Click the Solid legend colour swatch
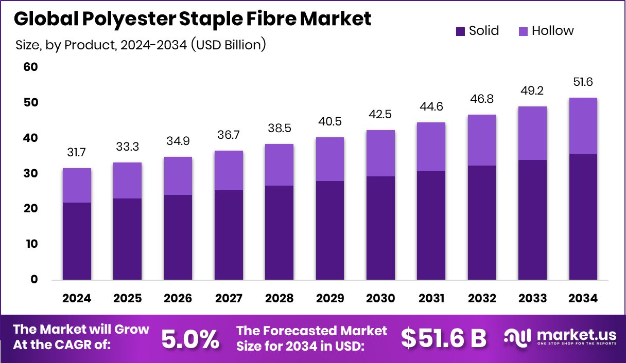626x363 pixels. pyautogui.click(x=460, y=31)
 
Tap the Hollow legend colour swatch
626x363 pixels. pyautogui.click(x=523, y=31)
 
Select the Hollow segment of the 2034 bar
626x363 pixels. pyautogui.click(x=583, y=126)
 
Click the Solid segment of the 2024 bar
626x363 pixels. pyautogui.click(x=77, y=241)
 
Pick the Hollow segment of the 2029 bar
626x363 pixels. pyautogui.click(x=330, y=159)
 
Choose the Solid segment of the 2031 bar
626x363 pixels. pyautogui.click(x=431, y=225)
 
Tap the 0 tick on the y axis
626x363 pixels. pyautogui.click(x=34, y=280)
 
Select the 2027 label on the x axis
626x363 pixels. pyautogui.click(x=229, y=299)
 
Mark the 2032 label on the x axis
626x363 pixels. pyautogui.click(x=482, y=299)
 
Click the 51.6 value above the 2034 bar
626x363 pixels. pyautogui.click(x=583, y=83)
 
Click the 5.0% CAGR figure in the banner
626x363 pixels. pyautogui.click(x=190, y=339)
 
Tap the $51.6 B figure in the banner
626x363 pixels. pyautogui.click(x=443, y=339)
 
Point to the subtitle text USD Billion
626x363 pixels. pyautogui.click(x=228, y=45)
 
